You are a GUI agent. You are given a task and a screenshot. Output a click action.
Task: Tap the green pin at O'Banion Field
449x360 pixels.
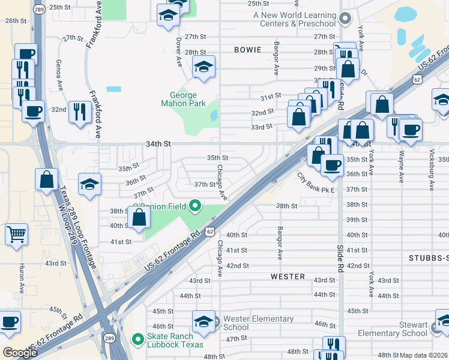194,207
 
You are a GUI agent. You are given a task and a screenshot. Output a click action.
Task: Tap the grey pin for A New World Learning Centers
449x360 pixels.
345,19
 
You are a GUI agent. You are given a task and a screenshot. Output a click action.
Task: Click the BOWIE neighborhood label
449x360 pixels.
249,50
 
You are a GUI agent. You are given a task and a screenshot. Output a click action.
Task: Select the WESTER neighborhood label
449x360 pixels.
288,277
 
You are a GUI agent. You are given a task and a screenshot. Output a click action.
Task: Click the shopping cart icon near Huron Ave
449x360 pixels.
16,234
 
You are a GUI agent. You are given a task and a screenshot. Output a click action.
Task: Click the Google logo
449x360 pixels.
20,352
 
